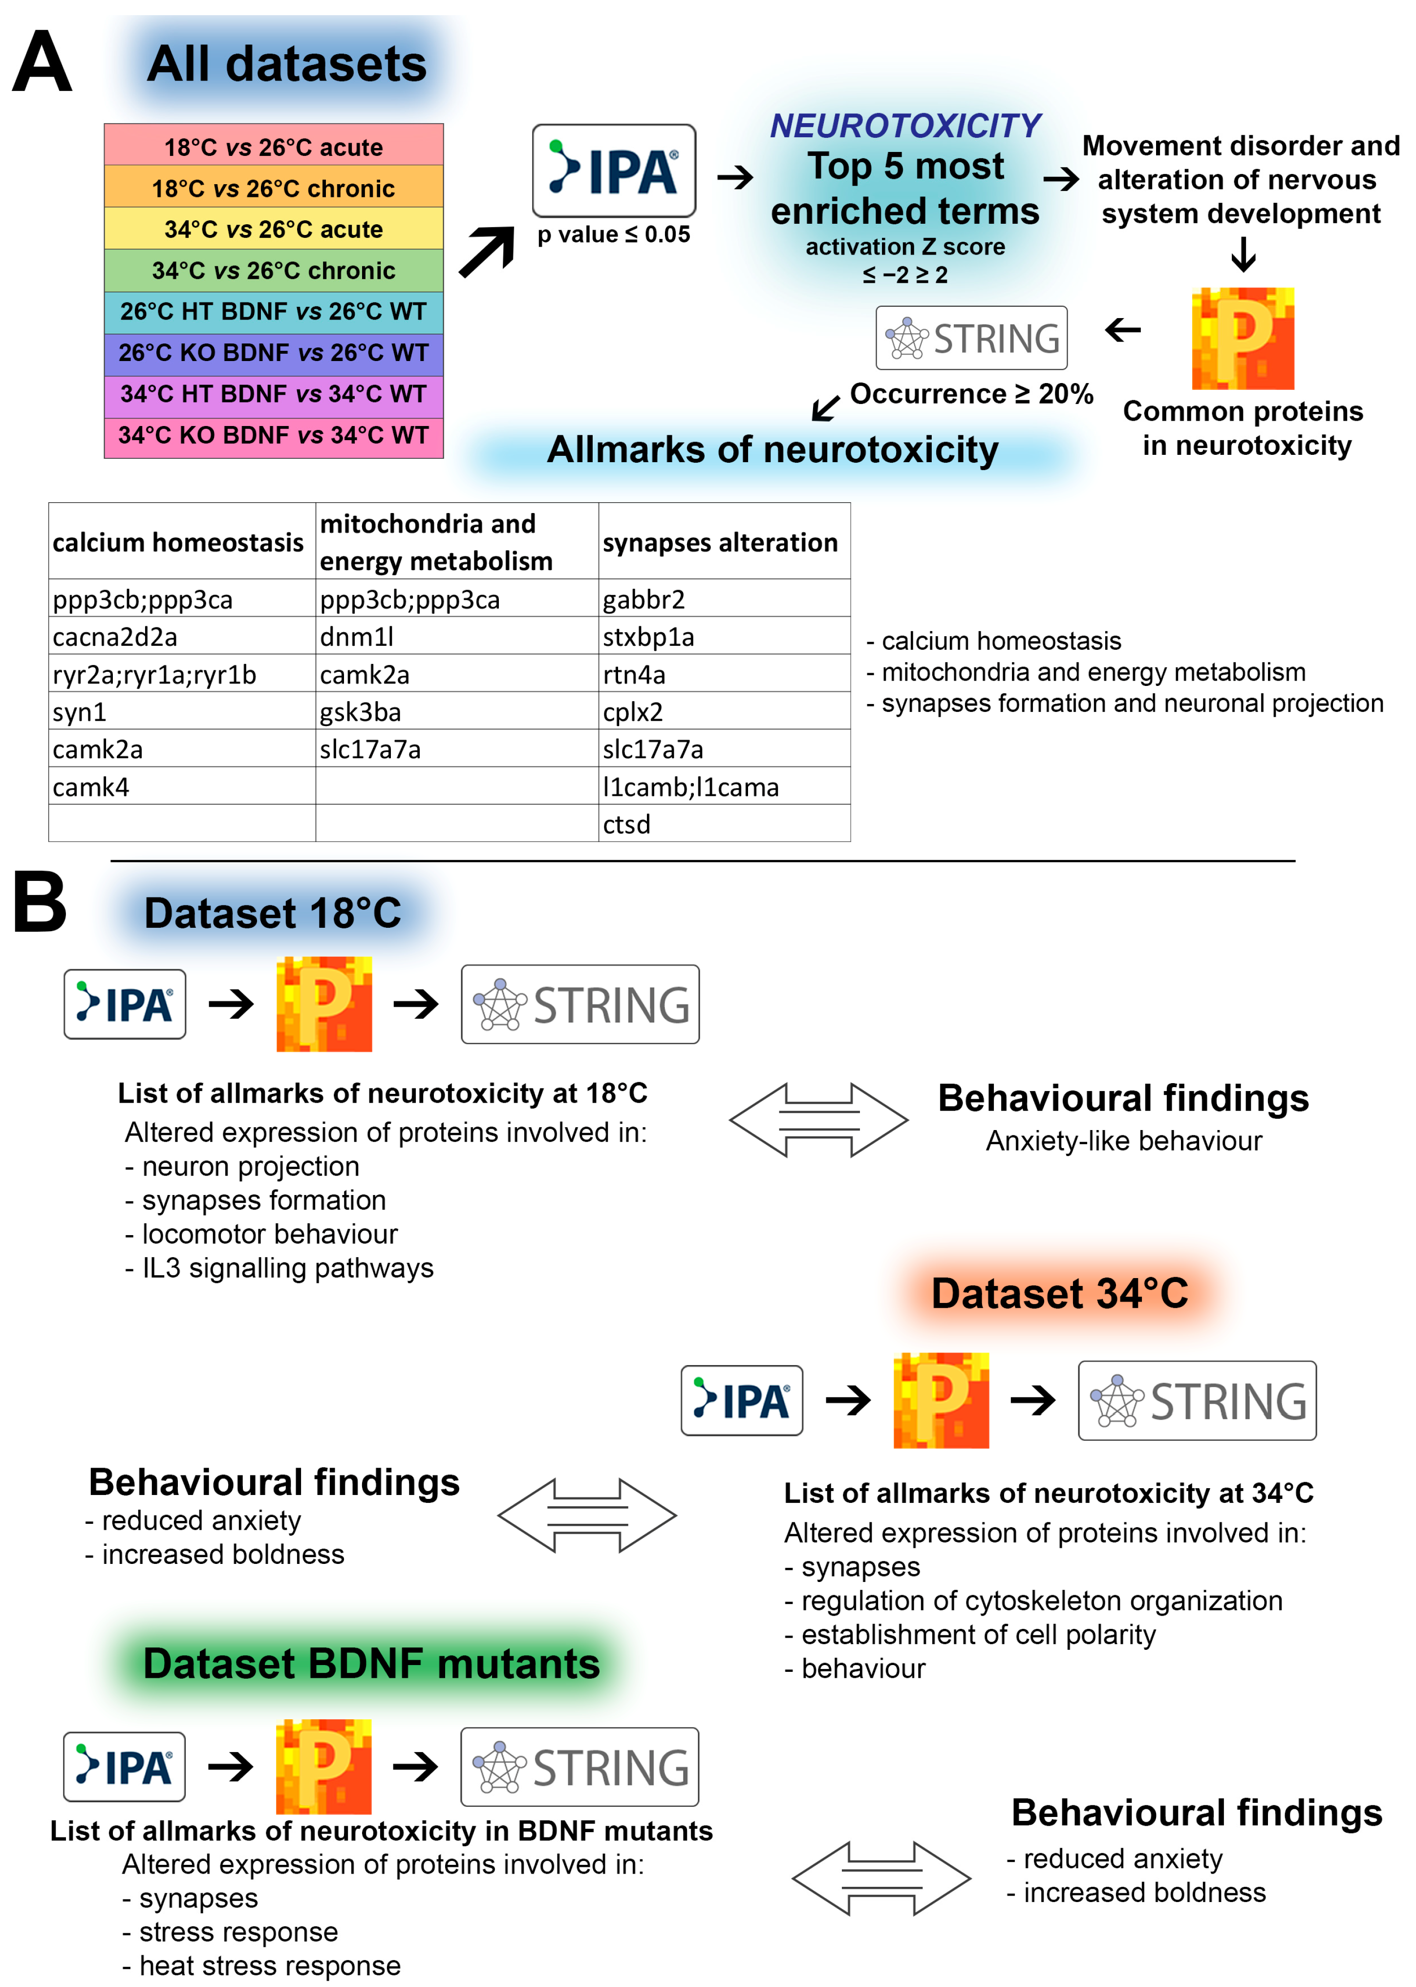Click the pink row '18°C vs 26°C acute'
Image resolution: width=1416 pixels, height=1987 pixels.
pos(273,147)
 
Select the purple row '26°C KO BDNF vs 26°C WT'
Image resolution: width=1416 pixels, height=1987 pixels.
pos(273,352)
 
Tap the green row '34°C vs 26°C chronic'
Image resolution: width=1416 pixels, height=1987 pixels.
pos(273,270)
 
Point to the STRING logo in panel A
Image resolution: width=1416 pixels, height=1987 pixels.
pos(971,338)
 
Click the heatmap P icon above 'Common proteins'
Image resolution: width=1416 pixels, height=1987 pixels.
pos(1243,338)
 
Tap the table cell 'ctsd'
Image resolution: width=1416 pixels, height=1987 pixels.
pos(627,824)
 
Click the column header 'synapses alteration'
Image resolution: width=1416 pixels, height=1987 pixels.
pos(720,542)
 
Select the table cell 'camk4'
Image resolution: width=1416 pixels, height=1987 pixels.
pos(91,787)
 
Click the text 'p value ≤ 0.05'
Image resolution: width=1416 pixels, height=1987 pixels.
pos(614,235)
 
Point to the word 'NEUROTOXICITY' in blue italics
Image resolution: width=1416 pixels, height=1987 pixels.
pos(905,126)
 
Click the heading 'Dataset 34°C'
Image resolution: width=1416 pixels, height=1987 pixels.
pos(1059,1292)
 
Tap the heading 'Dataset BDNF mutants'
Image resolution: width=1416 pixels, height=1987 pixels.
pos(371,1663)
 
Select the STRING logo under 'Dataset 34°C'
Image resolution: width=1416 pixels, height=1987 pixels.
pos(1197,1400)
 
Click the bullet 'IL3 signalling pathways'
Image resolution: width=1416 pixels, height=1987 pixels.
pos(288,1268)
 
